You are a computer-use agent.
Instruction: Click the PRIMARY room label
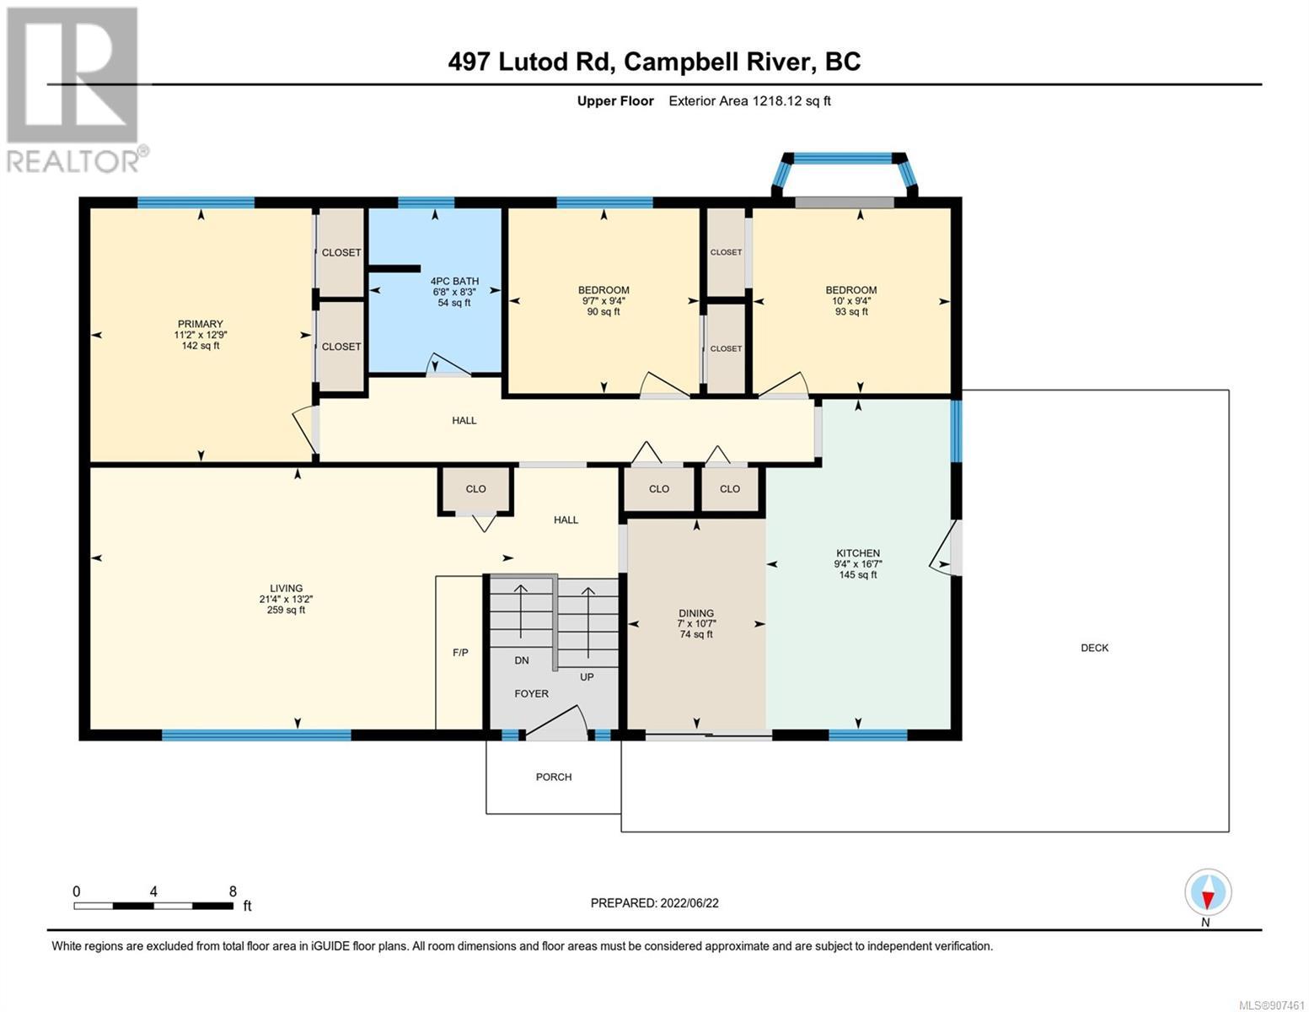pos(200,324)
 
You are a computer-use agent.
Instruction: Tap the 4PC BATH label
pos(454,281)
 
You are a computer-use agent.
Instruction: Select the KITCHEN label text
pos(857,552)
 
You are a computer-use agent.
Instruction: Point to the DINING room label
pos(695,613)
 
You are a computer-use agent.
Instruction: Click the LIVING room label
pos(286,589)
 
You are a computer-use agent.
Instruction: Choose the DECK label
pos(1095,648)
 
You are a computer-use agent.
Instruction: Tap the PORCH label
pos(554,777)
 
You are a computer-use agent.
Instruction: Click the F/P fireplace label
pos(460,652)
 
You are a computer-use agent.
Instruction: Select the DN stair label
pos(522,660)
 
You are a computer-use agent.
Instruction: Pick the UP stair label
pos(587,677)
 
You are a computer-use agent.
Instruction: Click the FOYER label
pos(531,694)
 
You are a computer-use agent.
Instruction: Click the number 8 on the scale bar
pos(233,891)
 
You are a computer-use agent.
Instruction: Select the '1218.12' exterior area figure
pos(776,100)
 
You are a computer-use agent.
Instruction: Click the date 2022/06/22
pos(689,903)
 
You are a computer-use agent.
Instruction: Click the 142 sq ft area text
pos(201,346)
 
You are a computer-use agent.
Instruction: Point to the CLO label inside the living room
pos(475,489)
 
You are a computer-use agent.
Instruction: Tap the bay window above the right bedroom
pos(845,175)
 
